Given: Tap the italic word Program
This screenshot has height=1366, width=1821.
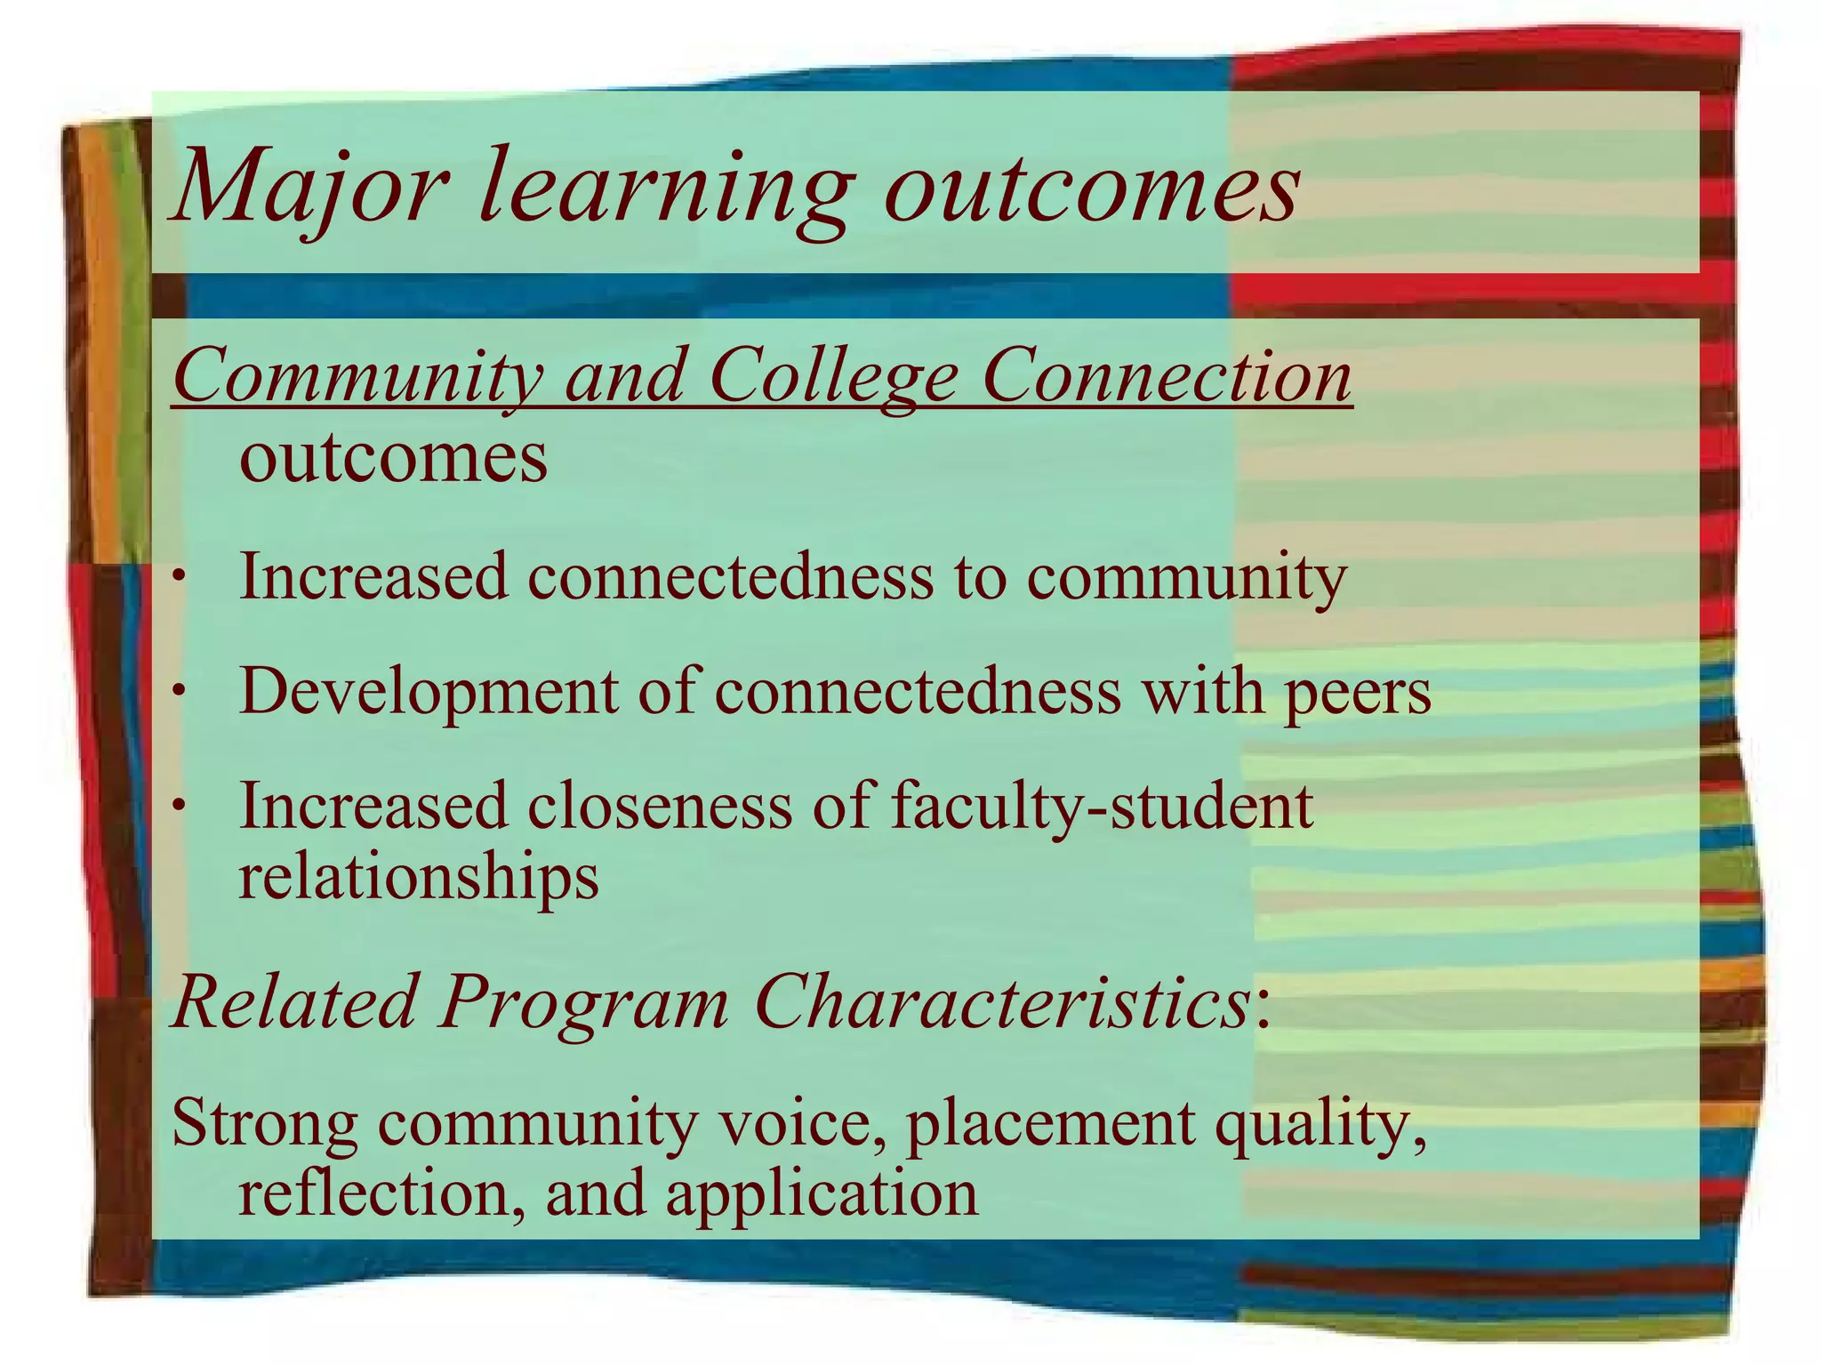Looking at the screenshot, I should (x=583, y=1003).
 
